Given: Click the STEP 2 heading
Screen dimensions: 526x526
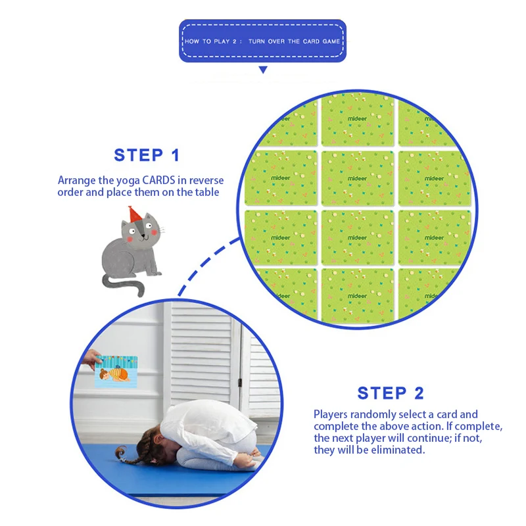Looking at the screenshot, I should point(391,393).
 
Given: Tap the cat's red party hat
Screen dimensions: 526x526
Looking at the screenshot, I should point(134,214).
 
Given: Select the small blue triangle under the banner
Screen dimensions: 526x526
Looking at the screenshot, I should point(263,70).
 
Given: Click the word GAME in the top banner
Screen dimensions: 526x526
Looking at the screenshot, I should point(332,41).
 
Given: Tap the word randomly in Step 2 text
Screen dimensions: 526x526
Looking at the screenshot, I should point(377,415).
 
